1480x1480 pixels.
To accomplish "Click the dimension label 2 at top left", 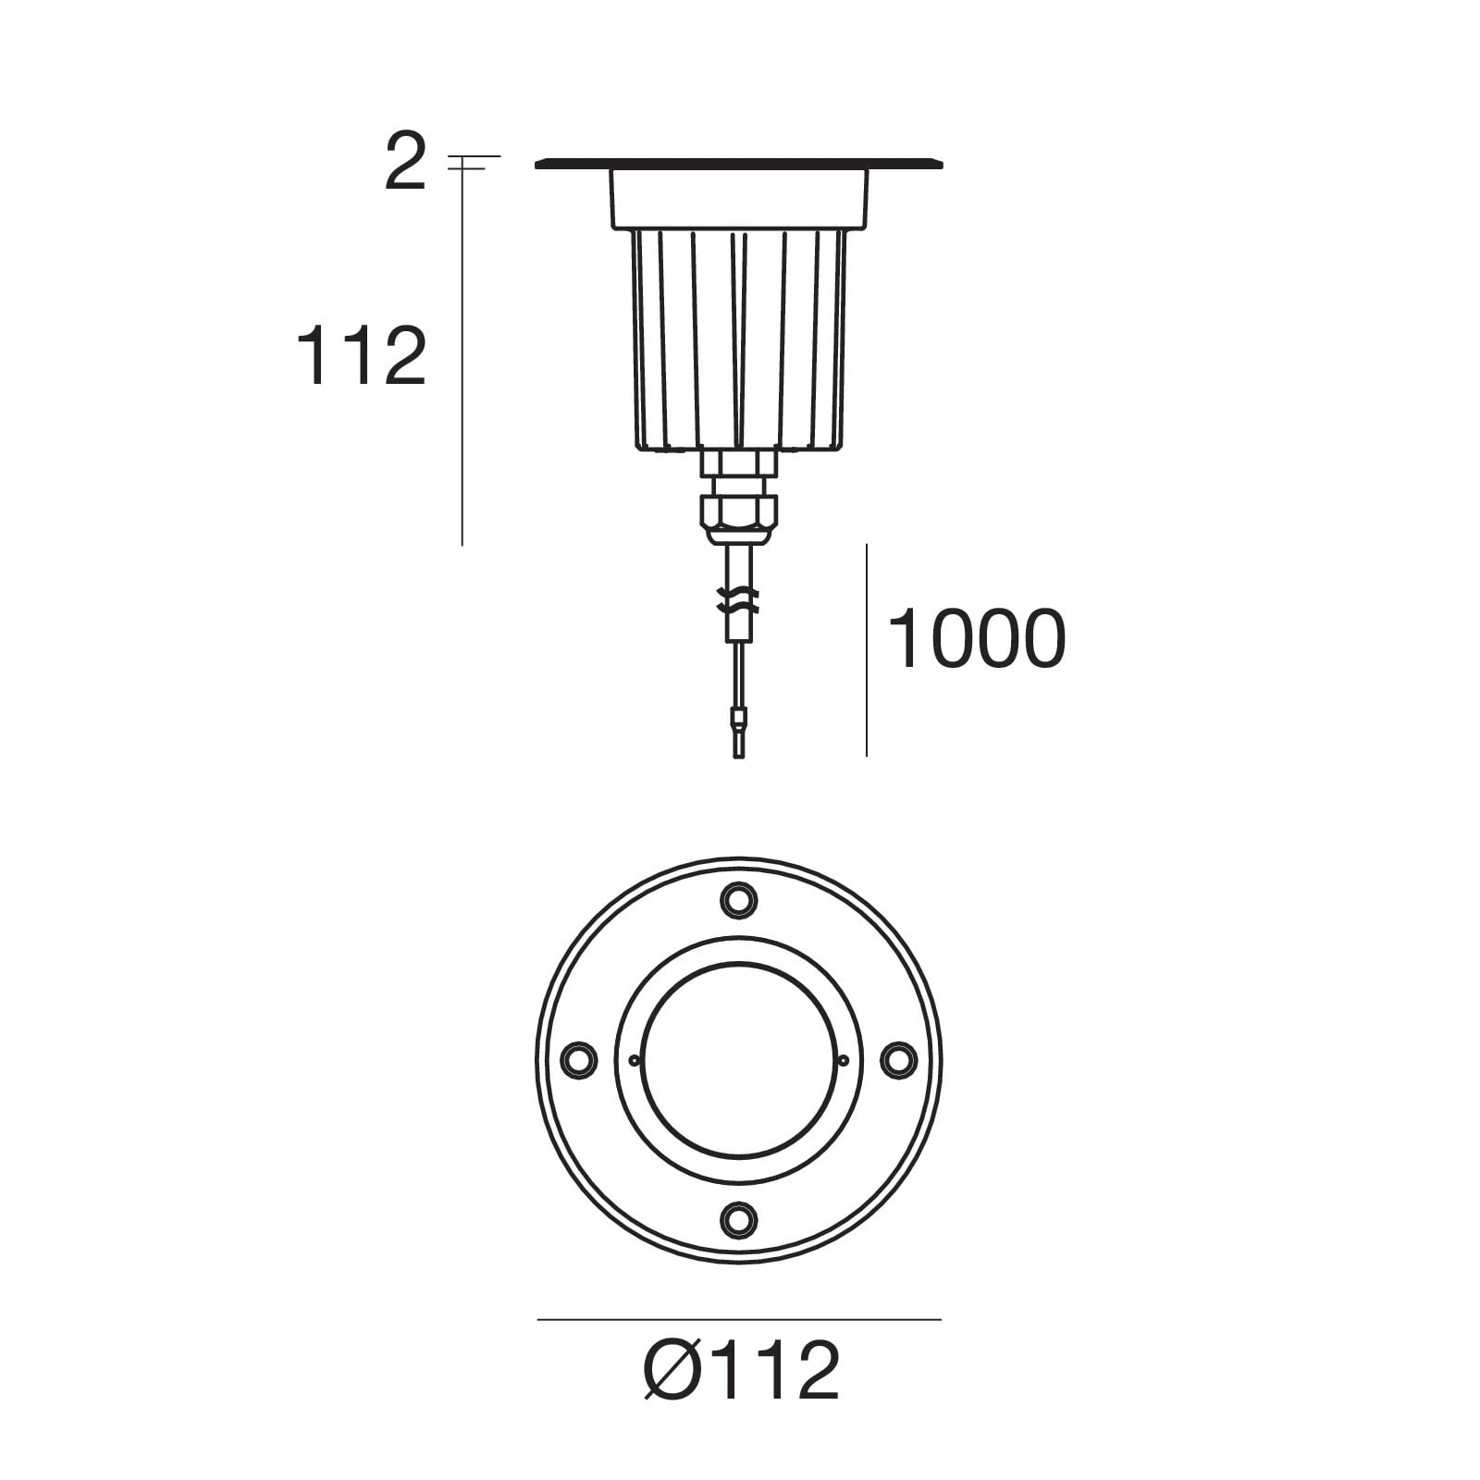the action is (x=405, y=163).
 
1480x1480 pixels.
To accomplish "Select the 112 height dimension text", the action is (x=361, y=356).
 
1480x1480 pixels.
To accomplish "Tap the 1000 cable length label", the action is (x=976, y=638).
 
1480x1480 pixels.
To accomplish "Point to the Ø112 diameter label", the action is (x=741, y=1370).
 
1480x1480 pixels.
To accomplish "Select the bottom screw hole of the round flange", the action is (x=738, y=1218).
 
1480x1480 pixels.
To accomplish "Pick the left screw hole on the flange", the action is (x=579, y=1059).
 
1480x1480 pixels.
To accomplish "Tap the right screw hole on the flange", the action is (x=898, y=1059).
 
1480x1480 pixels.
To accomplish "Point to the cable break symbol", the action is (x=738, y=600).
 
